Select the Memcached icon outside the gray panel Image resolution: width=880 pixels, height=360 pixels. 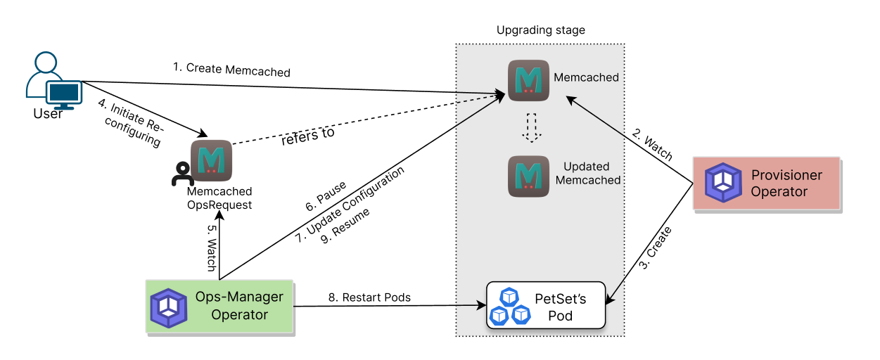pyautogui.click(x=211, y=161)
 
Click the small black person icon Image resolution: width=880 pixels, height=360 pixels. pyautogui.click(x=182, y=175)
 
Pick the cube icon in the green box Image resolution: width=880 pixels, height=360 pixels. pyautogui.click(x=169, y=307)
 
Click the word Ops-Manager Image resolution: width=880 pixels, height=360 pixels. pyautogui.click(x=239, y=297)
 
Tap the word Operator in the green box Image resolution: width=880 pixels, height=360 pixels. pyautogui.click(x=239, y=315)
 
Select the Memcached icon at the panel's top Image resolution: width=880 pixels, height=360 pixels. pyautogui.click(x=528, y=80)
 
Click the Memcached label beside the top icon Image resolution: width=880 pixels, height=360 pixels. pyautogui.click(x=586, y=77)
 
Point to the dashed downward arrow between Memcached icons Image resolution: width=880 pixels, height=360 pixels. pyautogui.click(x=532, y=127)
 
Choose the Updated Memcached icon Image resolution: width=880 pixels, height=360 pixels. pyautogui.click(x=528, y=176)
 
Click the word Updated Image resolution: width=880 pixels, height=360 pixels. pyautogui.click(x=586, y=167)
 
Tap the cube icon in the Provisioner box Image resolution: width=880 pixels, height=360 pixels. pyautogui.click(x=723, y=183)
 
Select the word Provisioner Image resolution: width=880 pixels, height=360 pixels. pyautogui.click(x=786, y=175)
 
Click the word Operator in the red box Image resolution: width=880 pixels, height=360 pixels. pyautogui.click(x=779, y=192)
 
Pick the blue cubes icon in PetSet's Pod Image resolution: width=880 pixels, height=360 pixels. pyautogui.click(x=510, y=306)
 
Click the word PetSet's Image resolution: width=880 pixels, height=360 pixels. pyautogui.click(x=560, y=298)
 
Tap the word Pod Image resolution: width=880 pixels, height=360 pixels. pyautogui.click(x=560, y=316)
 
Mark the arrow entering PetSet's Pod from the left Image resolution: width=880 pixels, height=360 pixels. pyautogui.click(x=471, y=306)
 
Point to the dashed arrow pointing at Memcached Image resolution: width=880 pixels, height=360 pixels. pyautogui.click(x=478, y=99)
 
